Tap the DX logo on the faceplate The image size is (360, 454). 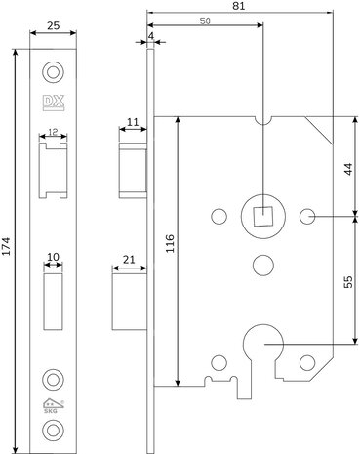coord(53,103)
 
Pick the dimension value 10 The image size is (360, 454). coord(54,257)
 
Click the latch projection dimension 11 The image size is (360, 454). coord(134,123)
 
